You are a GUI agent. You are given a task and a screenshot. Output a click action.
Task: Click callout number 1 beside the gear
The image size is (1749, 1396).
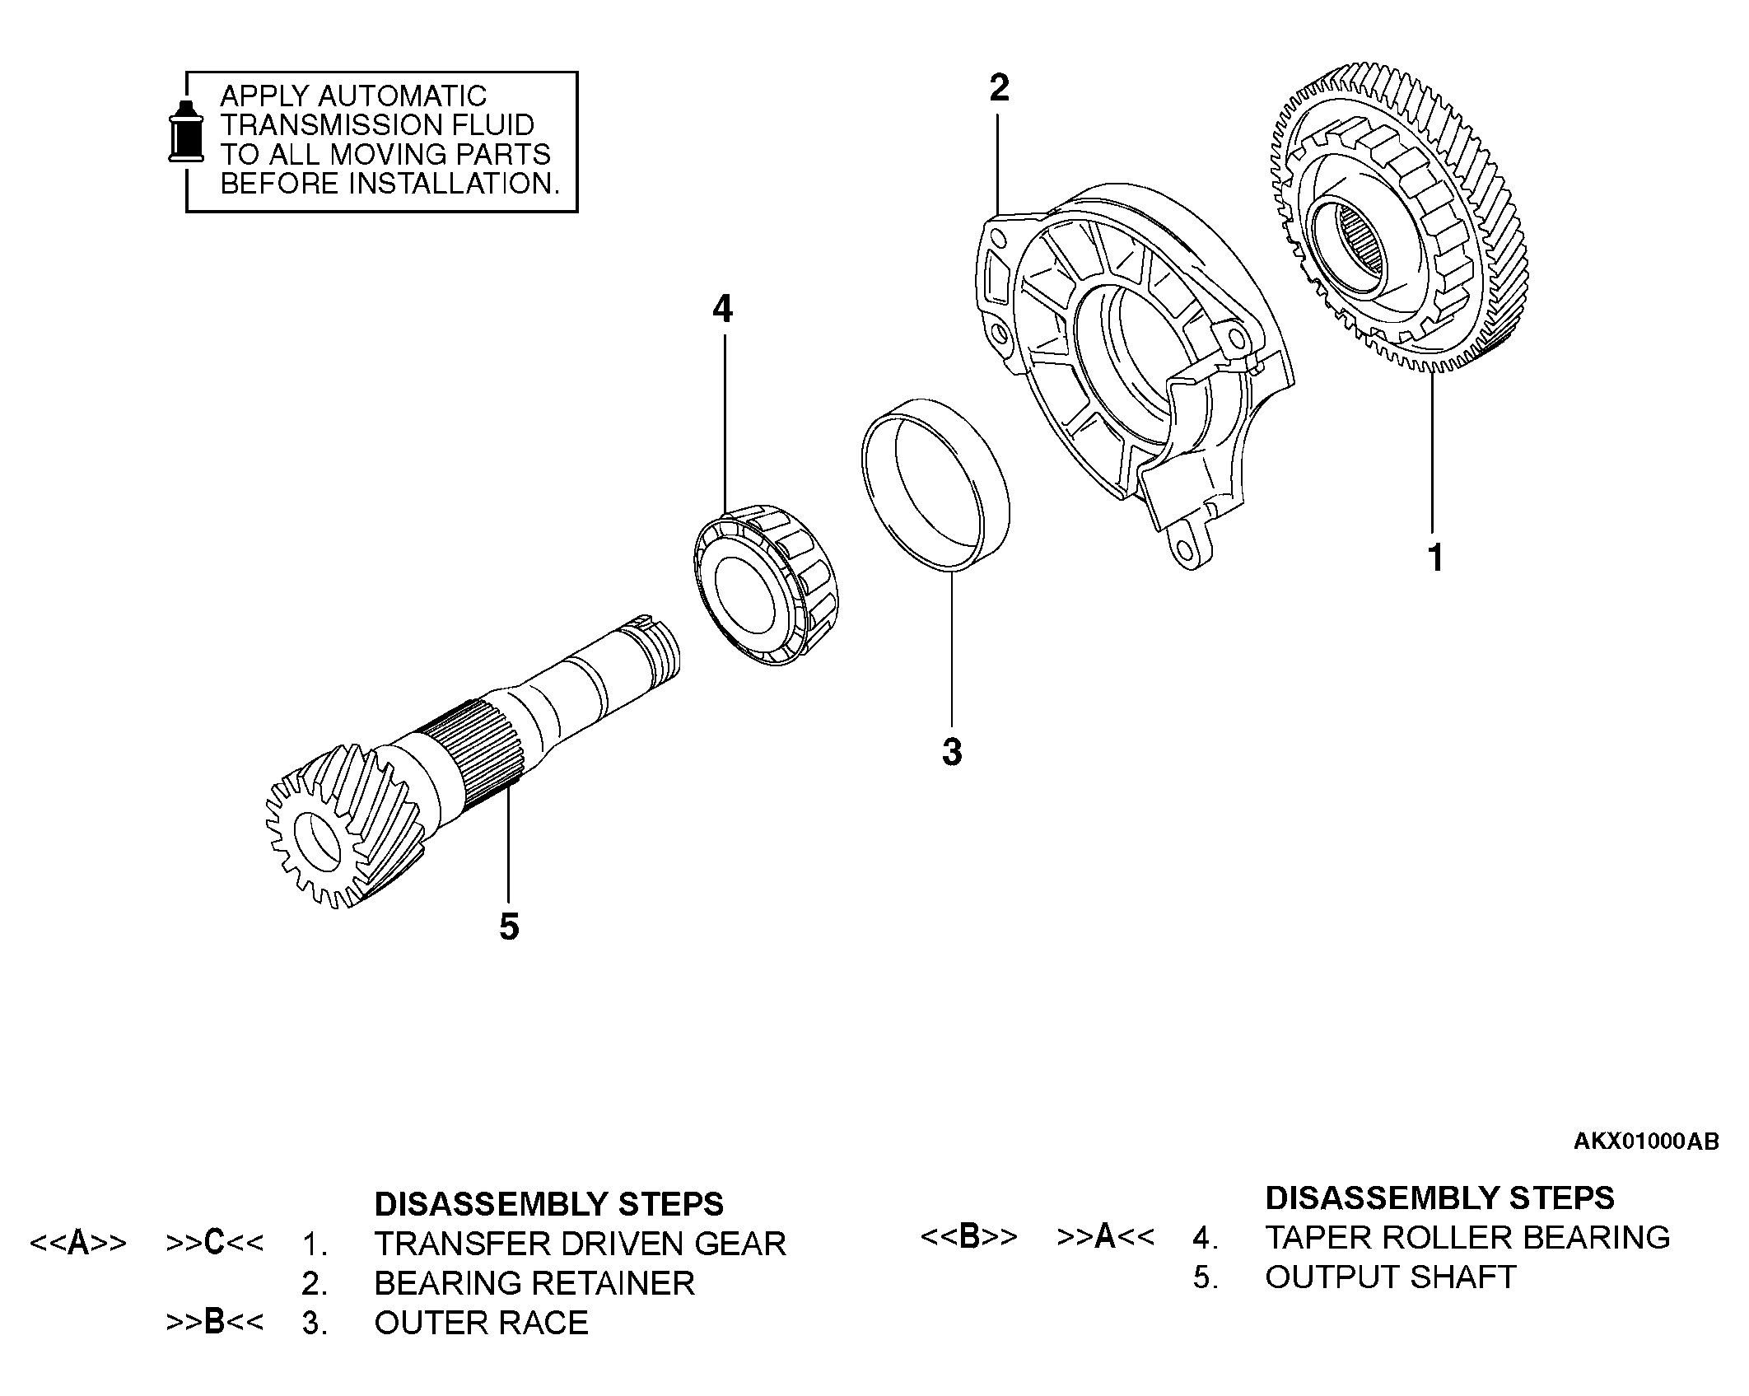coord(1435,558)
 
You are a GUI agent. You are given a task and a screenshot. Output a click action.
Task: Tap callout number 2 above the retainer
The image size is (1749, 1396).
coord(999,88)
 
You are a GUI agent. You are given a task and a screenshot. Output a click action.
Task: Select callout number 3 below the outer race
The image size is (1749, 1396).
coord(952,752)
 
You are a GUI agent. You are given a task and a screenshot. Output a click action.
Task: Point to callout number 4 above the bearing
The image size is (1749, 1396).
coord(722,309)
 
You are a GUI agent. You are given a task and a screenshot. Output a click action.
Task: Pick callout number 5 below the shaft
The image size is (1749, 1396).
coord(509,927)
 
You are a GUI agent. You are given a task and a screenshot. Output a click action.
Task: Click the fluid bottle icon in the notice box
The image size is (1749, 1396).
coord(186,131)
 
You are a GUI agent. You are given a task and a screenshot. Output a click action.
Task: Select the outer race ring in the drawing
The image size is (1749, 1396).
coord(935,482)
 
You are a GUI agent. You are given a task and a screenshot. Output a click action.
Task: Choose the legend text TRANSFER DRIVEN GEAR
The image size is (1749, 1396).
coord(580,1244)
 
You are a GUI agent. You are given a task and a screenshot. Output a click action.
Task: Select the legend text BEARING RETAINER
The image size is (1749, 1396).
coord(534,1283)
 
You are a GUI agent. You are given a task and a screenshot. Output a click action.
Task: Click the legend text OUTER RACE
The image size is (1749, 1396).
coord(481,1323)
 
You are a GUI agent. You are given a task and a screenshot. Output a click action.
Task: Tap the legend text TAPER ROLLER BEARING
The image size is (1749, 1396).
coord(1467,1237)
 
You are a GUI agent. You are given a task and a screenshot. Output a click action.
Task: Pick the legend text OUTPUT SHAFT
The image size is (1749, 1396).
coord(1390,1277)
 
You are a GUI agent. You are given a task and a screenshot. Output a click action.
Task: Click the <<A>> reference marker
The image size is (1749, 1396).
coord(78,1243)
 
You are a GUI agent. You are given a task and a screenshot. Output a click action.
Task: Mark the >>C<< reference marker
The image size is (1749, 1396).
coord(215,1243)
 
